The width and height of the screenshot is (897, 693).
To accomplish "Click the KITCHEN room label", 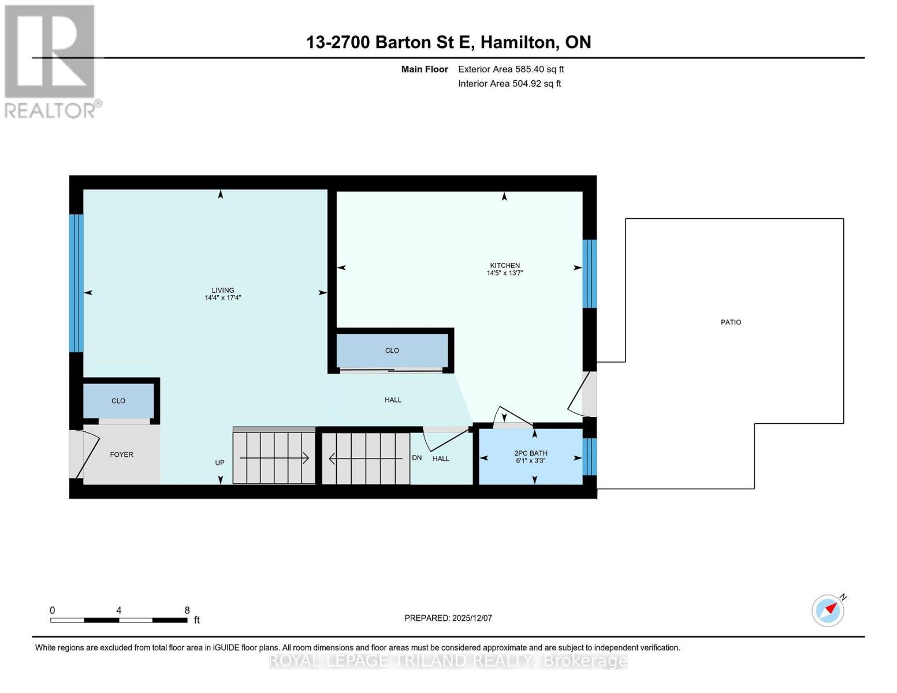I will [x=505, y=266].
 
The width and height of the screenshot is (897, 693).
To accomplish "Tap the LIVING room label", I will [x=223, y=290].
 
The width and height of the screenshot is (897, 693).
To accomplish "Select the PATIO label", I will [x=731, y=322].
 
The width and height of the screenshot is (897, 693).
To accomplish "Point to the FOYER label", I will [x=121, y=454].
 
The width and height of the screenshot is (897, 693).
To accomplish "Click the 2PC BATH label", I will [x=531, y=453].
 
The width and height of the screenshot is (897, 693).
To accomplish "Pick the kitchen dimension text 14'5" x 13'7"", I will [x=505, y=273].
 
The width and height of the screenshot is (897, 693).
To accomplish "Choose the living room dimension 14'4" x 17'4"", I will [x=223, y=298].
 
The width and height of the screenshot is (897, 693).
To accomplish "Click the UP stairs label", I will [x=219, y=463].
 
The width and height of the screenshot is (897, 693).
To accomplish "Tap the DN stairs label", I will [x=417, y=458].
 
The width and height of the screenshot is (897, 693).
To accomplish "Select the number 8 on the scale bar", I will [x=187, y=610].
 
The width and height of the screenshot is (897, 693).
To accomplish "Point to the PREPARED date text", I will [x=448, y=618].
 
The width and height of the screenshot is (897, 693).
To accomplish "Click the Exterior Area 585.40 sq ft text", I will [x=511, y=69].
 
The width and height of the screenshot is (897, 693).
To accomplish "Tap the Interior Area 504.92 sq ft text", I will [x=509, y=84].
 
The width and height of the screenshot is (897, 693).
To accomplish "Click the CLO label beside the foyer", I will [x=118, y=401].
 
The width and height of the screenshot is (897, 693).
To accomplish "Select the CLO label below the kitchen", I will [x=392, y=351].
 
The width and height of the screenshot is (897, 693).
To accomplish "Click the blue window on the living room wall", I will [x=76, y=283].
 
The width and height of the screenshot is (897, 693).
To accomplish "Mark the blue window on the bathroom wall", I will [x=589, y=456].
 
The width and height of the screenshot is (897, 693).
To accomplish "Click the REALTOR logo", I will [x=51, y=61].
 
